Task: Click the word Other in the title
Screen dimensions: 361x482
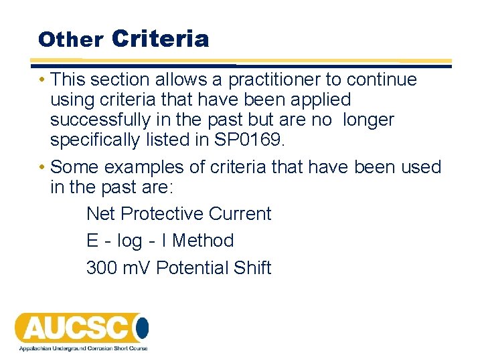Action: click(70, 39)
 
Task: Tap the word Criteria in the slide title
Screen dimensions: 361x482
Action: click(161, 38)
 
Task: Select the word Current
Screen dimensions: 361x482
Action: click(240, 214)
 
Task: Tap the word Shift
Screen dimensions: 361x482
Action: click(252, 267)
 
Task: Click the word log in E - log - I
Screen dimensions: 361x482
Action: click(129, 241)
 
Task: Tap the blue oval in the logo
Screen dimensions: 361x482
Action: click(141, 328)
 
